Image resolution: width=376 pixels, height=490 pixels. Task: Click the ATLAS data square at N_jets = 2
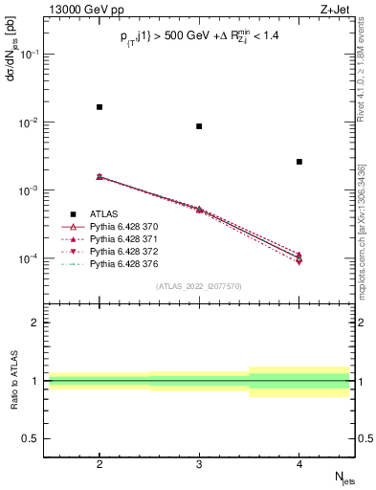point(100,107)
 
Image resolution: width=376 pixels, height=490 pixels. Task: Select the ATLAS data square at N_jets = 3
point(199,126)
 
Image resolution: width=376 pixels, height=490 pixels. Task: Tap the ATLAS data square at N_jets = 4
point(299,162)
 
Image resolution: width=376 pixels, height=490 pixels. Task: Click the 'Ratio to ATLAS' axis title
point(12,380)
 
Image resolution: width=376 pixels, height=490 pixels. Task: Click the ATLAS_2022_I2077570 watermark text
point(200,285)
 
